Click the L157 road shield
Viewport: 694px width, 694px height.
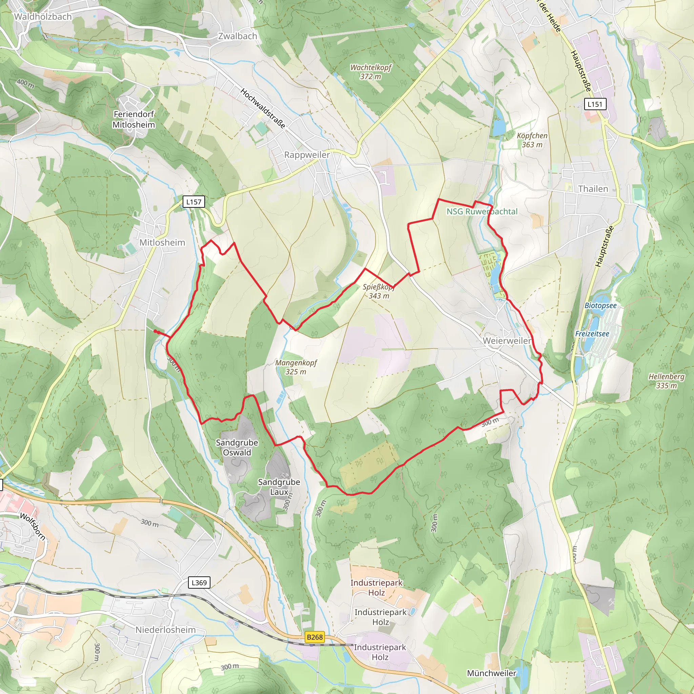tap(193, 202)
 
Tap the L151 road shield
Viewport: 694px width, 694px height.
tap(595, 104)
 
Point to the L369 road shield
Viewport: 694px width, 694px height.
tap(199, 582)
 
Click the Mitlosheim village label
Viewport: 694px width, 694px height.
tap(162, 243)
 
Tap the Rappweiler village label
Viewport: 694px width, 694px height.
tap(307, 155)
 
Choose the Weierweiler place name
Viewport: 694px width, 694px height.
tap(507, 341)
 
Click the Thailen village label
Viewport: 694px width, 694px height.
tap(593, 189)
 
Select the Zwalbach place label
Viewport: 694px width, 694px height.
tap(238, 36)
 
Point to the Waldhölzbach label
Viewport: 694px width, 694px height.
tap(43, 17)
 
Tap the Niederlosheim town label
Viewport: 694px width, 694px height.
tap(166, 630)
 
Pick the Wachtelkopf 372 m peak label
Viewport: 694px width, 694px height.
tap(371, 72)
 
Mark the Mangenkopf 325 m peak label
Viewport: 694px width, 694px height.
tap(296, 367)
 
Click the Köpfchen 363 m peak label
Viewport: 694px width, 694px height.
tap(532, 140)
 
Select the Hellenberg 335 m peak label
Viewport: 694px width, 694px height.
tap(666, 381)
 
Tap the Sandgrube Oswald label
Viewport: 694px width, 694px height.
tap(237, 448)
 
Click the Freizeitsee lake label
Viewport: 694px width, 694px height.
tap(592, 334)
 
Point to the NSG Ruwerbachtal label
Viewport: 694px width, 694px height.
tap(482, 211)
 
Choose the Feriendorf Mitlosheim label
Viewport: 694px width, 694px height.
tap(134, 120)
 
